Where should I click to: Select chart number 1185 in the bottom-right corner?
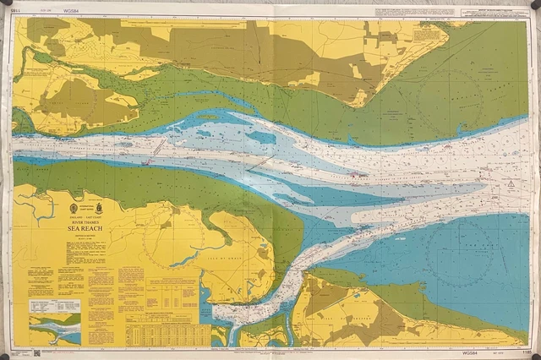point(526,352)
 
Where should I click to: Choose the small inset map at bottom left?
point(54,330)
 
